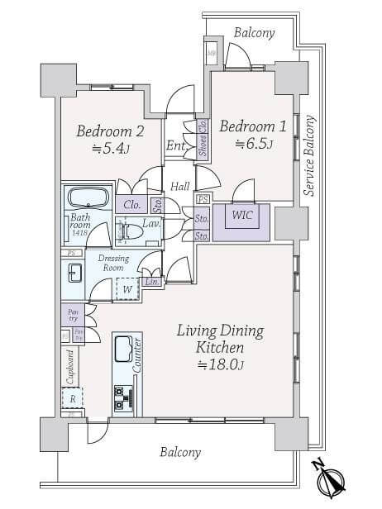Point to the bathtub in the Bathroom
click(87, 199)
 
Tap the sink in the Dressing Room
click(73, 274)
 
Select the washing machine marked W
click(126, 289)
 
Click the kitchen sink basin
click(123, 348)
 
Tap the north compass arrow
click(331, 479)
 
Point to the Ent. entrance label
click(175, 147)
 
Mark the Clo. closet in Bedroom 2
click(131, 205)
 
